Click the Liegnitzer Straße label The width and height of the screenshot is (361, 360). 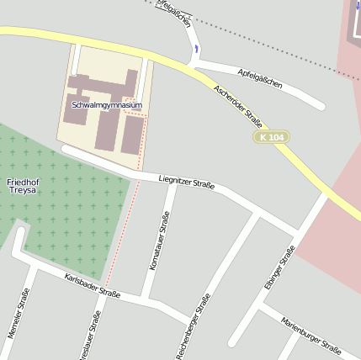coord(187,181)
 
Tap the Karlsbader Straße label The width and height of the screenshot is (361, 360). coord(92,286)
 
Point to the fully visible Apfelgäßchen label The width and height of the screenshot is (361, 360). coord(260,79)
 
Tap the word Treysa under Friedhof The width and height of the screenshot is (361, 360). coord(23,193)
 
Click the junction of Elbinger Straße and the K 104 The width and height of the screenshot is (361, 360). coord(325,197)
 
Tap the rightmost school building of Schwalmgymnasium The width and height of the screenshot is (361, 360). coord(132,135)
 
